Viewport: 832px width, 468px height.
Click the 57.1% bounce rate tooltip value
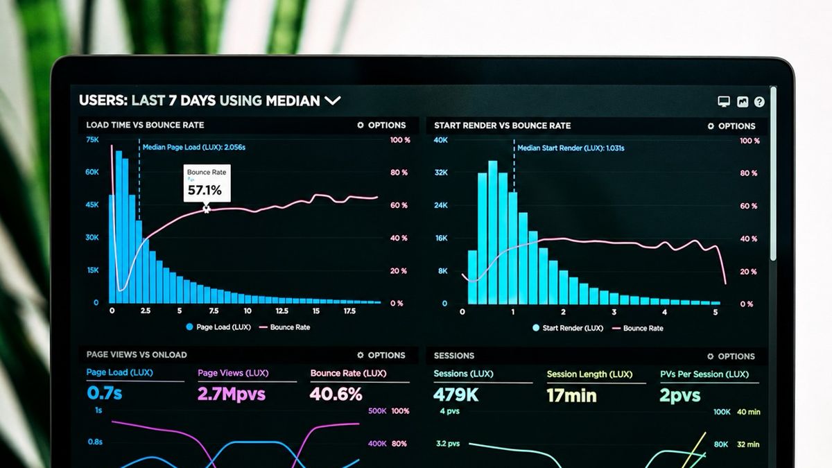(x=205, y=190)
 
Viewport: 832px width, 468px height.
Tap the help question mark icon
(x=759, y=102)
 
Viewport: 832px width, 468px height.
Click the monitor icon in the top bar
(x=724, y=101)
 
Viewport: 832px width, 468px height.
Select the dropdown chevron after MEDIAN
(x=332, y=101)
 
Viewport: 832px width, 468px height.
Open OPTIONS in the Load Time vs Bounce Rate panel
(x=381, y=125)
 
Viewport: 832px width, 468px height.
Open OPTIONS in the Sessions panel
(x=731, y=356)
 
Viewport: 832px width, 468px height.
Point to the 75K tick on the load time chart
(x=92, y=139)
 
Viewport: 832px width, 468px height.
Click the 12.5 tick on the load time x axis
(x=282, y=311)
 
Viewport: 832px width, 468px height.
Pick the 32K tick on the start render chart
(x=441, y=173)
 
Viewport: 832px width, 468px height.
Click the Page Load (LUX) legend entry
(x=218, y=327)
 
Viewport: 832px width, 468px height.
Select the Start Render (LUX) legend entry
(x=568, y=328)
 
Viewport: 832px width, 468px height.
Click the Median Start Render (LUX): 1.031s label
(x=571, y=148)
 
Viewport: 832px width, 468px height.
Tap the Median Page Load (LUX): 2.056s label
(x=194, y=147)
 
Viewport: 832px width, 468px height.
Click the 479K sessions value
(x=456, y=395)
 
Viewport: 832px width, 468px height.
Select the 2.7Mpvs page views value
(x=232, y=394)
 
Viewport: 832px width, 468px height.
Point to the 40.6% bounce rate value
(x=336, y=394)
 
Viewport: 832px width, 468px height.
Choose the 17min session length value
(x=571, y=396)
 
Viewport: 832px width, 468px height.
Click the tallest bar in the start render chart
(x=493, y=232)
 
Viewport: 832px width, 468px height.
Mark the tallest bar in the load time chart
(x=119, y=227)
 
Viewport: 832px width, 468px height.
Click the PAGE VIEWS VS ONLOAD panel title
(x=137, y=355)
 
